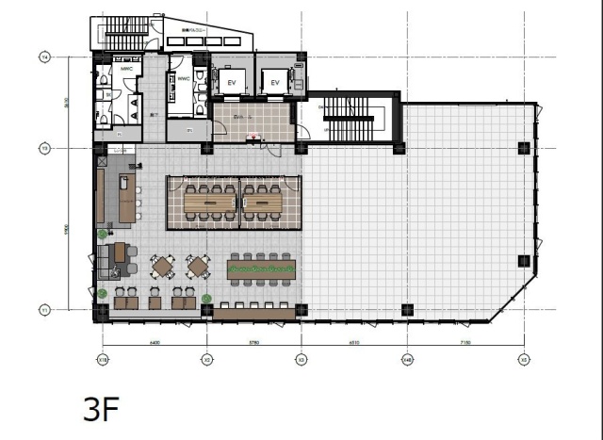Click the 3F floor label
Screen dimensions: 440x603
point(101,410)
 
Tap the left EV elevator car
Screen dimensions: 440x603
point(231,83)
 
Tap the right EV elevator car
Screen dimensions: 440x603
point(275,83)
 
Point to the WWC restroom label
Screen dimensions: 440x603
point(183,79)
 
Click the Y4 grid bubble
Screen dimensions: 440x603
point(43,57)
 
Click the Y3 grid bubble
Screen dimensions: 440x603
point(43,147)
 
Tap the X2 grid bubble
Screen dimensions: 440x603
point(206,359)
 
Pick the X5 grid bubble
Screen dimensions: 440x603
point(523,359)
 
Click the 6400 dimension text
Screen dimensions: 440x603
point(154,343)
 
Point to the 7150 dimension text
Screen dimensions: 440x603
point(466,343)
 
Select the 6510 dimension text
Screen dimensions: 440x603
point(353,343)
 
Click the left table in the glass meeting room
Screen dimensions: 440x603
point(209,200)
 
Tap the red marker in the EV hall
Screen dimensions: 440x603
point(252,138)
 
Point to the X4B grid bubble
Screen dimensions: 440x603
point(407,359)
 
